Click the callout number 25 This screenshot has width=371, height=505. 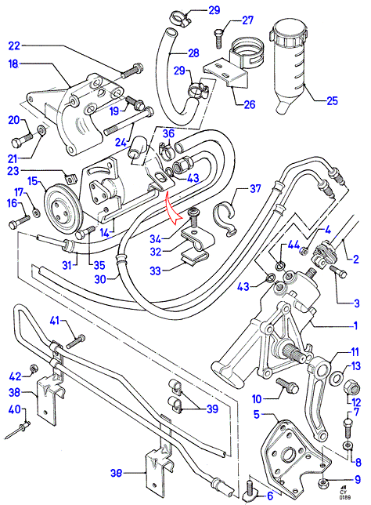[332, 101]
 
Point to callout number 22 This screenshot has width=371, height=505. [14, 45]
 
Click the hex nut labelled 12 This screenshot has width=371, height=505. [352, 387]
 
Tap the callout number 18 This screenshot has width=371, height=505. [13, 64]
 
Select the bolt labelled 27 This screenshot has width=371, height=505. [218, 38]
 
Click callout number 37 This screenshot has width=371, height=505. [255, 188]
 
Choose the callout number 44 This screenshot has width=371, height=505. [294, 245]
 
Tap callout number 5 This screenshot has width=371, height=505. [256, 414]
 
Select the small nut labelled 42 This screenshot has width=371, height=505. [32, 367]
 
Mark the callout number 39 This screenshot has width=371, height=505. [212, 409]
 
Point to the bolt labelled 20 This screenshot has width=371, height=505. [22, 140]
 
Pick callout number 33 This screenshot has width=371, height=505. [155, 271]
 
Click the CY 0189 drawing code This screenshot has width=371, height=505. [344, 494]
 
